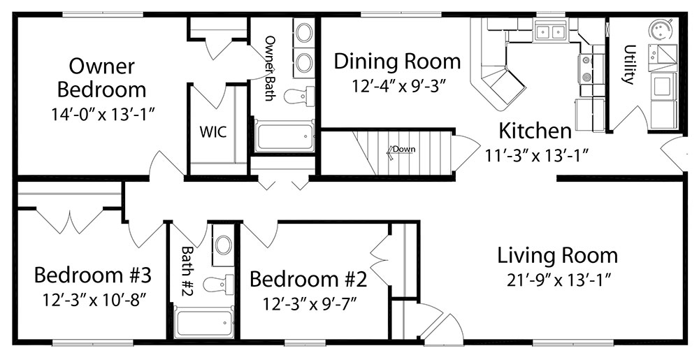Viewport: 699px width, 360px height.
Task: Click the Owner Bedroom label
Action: click(x=101, y=78)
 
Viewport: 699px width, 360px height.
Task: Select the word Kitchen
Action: click(x=535, y=131)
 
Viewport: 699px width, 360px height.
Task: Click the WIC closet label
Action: click(x=213, y=132)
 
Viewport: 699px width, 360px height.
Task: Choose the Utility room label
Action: click(x=628, y=64)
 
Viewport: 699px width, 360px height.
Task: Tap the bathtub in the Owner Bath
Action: click(x=284, y=136)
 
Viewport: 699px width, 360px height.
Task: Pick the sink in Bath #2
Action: click(x=223, y=245)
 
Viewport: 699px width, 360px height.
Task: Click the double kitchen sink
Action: click(x=549, y=31)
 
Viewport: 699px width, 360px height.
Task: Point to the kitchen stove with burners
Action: click(x=586, y=69)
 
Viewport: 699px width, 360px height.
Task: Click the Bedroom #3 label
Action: click(x=93, y=275)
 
